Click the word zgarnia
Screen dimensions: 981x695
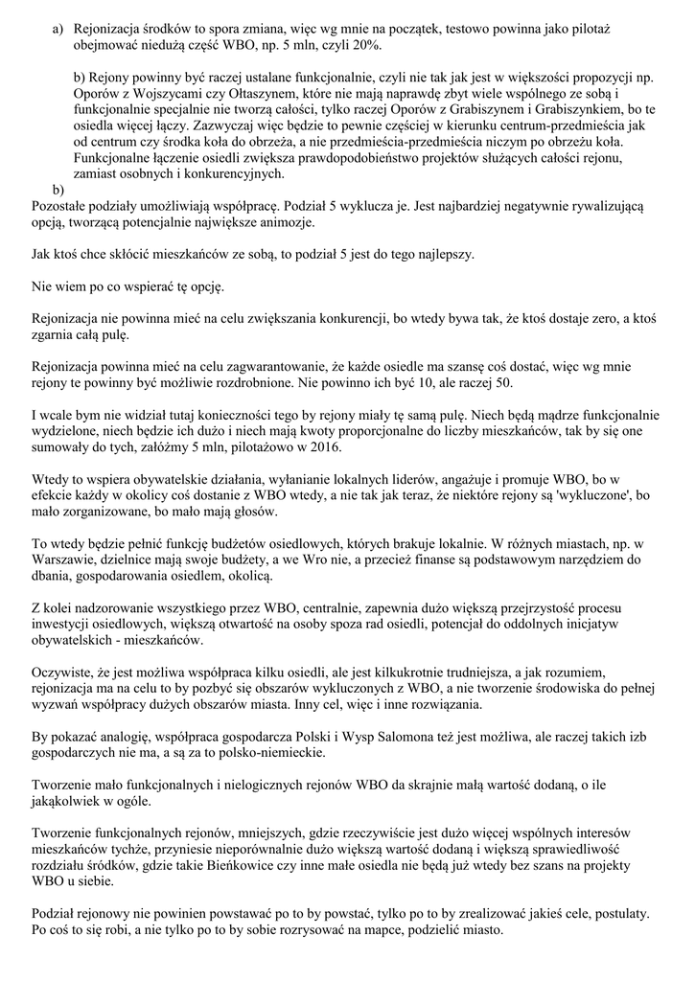(58, 335)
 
